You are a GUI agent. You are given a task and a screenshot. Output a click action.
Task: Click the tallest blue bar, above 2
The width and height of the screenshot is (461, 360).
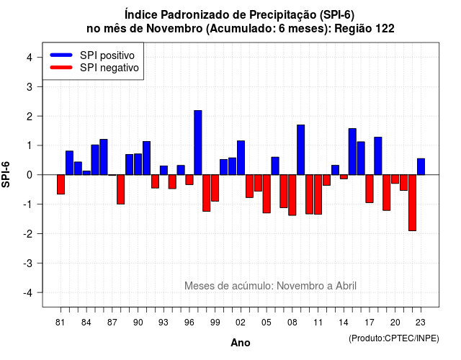click(198, 143)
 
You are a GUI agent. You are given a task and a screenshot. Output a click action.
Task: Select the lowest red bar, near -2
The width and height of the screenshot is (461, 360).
click(412, 203)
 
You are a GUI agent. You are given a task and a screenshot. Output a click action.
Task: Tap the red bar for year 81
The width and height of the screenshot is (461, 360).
click(61, 184)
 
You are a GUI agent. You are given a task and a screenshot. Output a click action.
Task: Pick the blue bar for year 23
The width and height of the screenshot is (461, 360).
click(421, 166)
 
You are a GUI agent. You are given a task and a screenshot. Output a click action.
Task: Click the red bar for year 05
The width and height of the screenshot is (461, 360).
click(267, 194)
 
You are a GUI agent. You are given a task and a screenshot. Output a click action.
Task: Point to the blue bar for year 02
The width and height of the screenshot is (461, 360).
click(241, 158)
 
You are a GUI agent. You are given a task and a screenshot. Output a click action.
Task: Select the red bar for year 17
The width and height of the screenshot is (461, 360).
click(370, 189)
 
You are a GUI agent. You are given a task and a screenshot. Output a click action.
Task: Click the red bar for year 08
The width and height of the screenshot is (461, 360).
click(292, 195)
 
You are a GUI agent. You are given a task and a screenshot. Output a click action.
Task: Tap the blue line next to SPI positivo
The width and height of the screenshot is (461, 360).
click(61, 55)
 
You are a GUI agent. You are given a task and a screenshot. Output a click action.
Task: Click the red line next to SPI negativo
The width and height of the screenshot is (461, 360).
click(61, 68)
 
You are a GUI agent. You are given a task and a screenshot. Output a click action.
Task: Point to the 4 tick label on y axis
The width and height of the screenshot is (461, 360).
click(30, 58)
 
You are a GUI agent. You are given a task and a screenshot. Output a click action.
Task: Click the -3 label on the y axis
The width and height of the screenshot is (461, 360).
click(28, 264)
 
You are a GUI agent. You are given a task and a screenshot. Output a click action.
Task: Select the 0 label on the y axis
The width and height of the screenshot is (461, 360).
click(30, 175)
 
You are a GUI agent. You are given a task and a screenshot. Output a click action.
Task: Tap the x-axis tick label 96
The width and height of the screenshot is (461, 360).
click(189, 323)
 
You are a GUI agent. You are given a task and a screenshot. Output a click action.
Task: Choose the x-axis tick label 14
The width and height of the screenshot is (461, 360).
click(344, 323)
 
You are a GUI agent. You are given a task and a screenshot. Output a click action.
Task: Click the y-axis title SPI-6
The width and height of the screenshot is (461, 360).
click(6, 174)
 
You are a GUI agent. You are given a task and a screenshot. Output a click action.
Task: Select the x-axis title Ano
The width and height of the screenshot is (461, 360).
click(241, 343)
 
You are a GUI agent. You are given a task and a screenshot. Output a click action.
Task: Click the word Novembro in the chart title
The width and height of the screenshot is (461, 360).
click(174, 29)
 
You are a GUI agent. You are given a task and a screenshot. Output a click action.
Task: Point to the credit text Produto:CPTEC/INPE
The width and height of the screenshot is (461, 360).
click(394, 338)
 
